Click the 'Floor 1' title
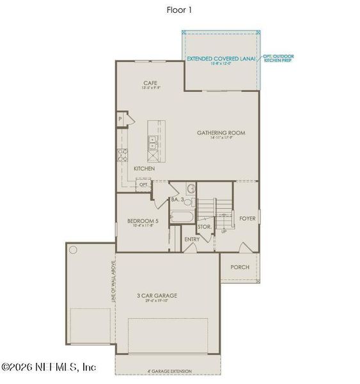(x=180, y=10)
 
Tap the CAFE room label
(x=150, y=83)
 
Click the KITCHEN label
(x=144, y=168)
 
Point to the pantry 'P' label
(x=120, y=119)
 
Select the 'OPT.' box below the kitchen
(x=143, y=184)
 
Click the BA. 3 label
(x=177, y=200)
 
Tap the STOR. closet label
(x=205, y=227)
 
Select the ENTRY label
(x=192, y=239)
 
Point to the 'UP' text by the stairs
(x=223, y=232)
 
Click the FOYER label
(x=247, y=218)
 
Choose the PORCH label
(x=240, y=268)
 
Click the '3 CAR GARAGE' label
(x=157, y=295)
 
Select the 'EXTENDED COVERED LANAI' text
(x=221, y=58)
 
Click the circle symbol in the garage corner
(x=72, y=249)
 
